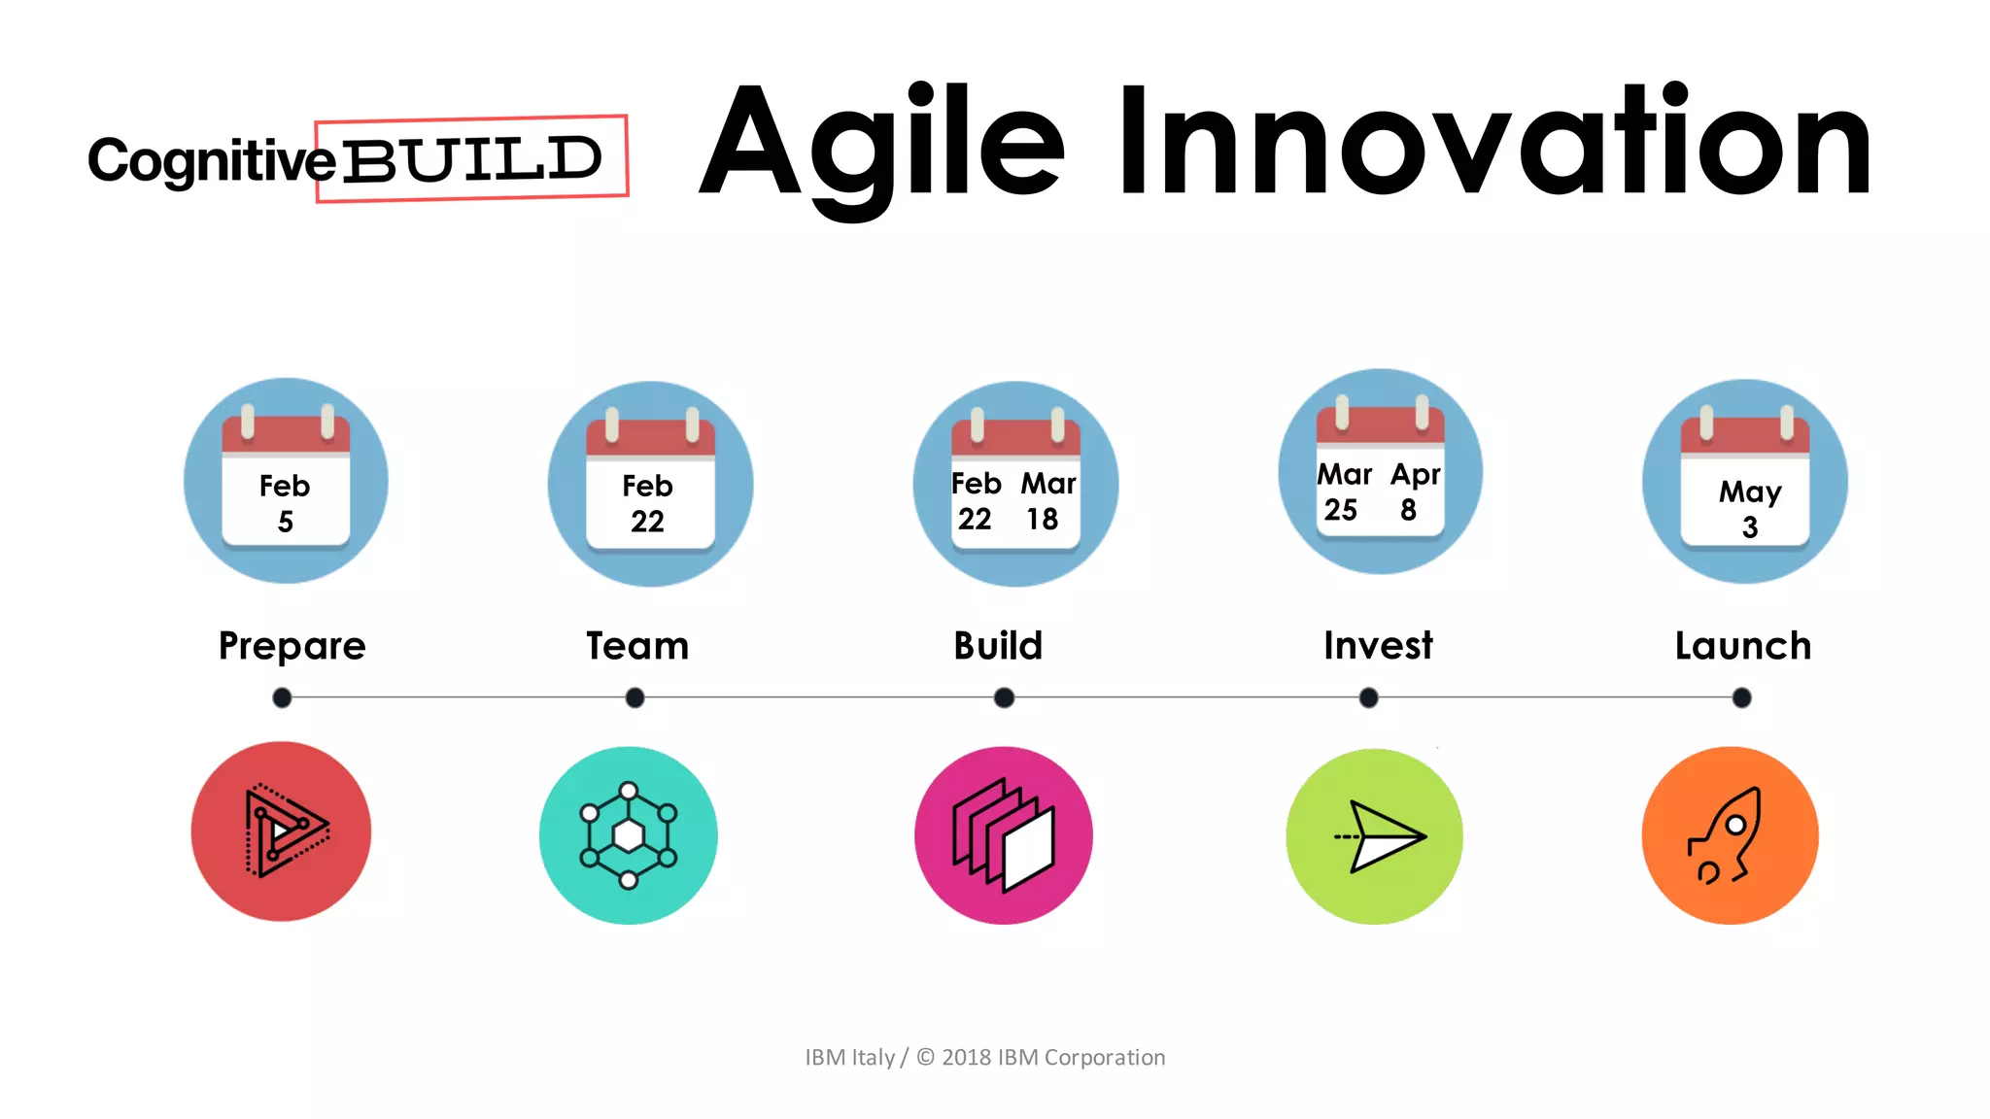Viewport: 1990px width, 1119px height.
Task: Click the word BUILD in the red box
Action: point(472,159)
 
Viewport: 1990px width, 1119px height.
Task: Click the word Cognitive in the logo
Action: point(211,160)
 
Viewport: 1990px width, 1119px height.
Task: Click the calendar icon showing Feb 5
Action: point(286,481)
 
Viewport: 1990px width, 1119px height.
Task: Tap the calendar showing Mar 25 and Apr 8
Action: point(1380,472)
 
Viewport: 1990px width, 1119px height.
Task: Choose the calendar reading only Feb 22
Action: point(650,484)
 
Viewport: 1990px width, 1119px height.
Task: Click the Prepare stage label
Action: point(292,646)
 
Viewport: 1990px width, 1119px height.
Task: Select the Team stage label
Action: point(637,646)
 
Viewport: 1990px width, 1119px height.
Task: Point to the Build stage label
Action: point(998,646)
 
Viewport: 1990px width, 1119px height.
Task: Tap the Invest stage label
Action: point(1378,646)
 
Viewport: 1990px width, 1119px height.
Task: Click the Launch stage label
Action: point(1742,646)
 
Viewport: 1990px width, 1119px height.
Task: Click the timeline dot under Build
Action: point(1005,697)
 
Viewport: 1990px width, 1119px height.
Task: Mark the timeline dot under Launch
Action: point(1741,697)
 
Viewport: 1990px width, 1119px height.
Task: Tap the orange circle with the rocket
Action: point(1730,835)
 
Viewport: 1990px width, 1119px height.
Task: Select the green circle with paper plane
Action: point(1374,835)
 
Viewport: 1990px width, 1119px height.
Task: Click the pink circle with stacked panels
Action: point(1004,835)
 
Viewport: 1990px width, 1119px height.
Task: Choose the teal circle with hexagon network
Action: point(629,835)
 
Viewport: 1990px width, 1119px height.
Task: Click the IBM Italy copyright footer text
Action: point(984,1057)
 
